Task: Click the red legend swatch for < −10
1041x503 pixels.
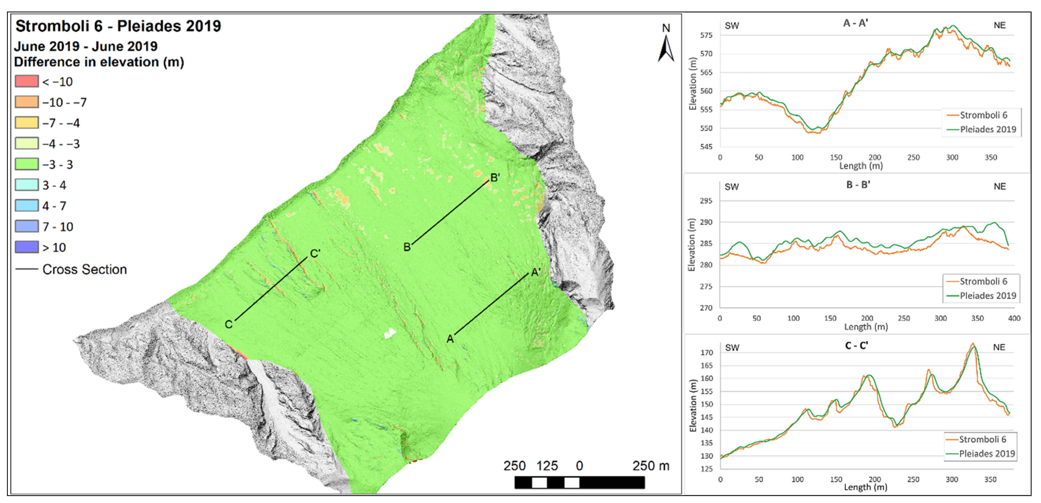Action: (27, 81)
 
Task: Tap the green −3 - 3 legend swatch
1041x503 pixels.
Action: (27, 164)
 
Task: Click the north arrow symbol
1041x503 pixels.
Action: (666, 48)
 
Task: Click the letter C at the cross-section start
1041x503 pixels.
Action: (229, 324)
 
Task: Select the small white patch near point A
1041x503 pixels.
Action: (390, 333)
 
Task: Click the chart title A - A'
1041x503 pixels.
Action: (856, 23)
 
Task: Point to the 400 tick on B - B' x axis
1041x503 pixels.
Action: (1014, 318)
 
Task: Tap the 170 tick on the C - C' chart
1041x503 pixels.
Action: (706, 352)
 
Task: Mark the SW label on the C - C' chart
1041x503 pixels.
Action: (732, 348)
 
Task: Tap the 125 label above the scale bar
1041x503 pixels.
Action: (547, 466)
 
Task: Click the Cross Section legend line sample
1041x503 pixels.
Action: (27, 269)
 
